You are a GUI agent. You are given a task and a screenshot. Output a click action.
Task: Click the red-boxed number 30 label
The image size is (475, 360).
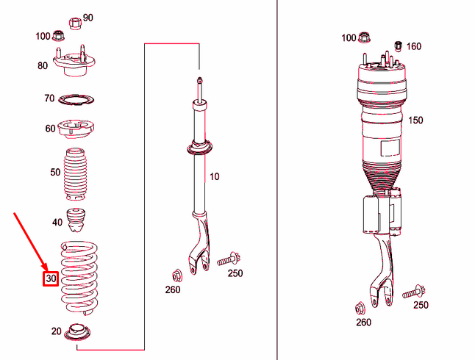51,278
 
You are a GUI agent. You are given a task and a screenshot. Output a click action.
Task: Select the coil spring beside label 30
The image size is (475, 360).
79,278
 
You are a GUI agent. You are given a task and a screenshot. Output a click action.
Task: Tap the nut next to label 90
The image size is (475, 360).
76,24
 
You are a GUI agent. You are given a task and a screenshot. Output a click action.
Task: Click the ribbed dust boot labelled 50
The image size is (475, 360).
76,174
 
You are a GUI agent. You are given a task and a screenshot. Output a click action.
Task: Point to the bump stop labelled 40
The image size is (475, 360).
76,220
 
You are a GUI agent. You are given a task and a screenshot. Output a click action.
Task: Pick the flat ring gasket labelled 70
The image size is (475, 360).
76,100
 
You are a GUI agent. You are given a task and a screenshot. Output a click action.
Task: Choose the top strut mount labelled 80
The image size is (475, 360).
74,62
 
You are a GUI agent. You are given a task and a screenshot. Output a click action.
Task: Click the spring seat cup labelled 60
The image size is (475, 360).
76,129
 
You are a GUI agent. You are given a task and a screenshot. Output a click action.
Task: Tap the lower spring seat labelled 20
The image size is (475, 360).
77,332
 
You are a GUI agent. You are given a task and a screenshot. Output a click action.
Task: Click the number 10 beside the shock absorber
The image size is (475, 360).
214,176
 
